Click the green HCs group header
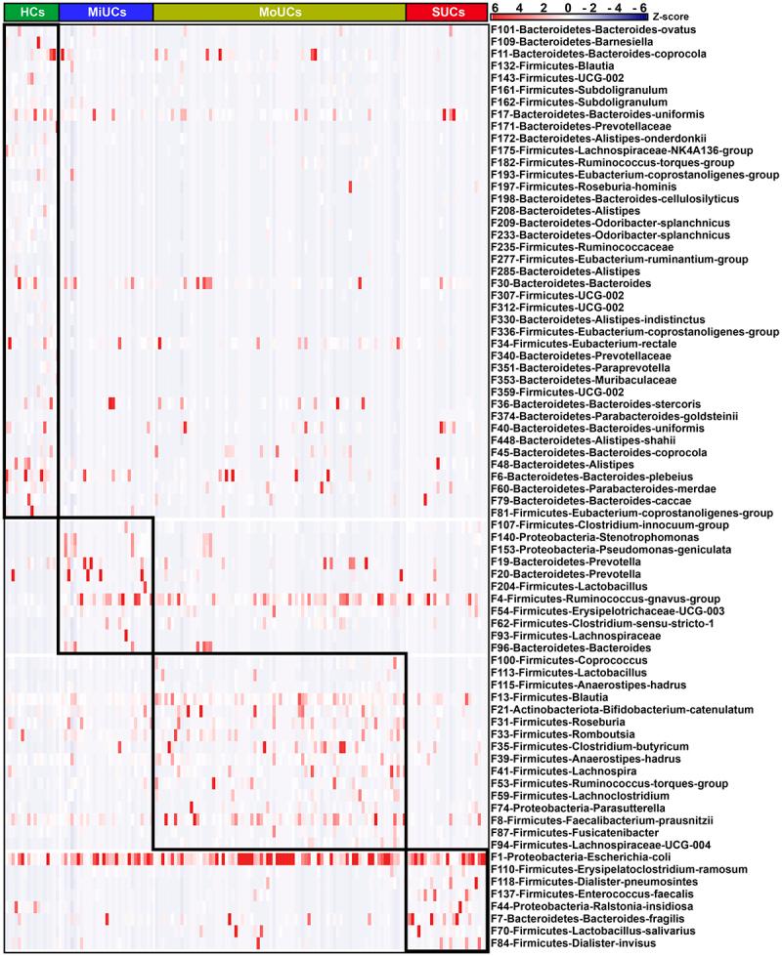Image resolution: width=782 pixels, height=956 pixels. (30, 11)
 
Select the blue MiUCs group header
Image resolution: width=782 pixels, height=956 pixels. (106, 11)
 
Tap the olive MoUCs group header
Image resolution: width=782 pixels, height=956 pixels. (280, 11)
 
